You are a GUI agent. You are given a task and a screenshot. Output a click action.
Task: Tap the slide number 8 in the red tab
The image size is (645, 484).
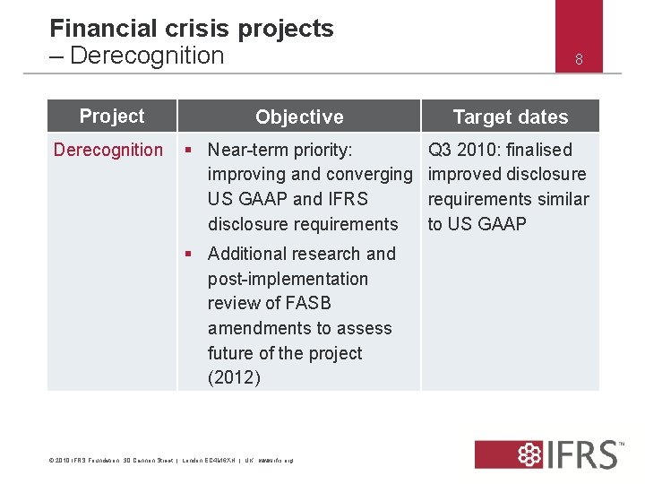[579, 60]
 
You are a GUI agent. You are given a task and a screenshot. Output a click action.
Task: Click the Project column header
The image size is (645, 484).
[111, 116]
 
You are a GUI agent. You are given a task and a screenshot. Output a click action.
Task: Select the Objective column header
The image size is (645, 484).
[299, 117]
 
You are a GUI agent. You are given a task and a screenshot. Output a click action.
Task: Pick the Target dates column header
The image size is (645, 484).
[510, 117]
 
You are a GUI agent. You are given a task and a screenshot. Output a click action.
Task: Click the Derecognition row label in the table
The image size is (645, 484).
[108, 150]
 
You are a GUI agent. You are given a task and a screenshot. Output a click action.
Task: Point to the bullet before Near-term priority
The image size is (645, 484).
[190, 150]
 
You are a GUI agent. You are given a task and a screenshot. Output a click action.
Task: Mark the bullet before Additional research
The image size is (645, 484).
[190, 254]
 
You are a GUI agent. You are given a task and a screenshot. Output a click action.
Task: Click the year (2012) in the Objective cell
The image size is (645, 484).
[234, 377]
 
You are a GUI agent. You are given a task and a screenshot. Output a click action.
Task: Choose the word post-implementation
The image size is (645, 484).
[288, 279]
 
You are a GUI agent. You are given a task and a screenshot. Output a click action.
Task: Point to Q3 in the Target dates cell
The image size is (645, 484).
[440, 150]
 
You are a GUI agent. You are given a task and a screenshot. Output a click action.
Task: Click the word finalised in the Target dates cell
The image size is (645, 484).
[537, 150]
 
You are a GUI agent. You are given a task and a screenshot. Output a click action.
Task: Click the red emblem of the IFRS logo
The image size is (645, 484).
[506, 454]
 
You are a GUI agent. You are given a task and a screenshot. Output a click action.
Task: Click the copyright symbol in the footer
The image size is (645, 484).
[50, 461]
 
